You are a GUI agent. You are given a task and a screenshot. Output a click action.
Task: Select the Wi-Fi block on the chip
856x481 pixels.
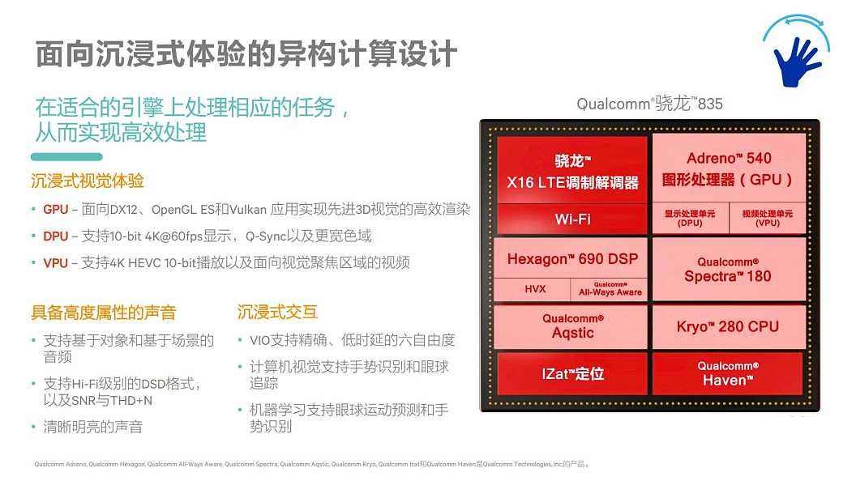(x=572, y=219)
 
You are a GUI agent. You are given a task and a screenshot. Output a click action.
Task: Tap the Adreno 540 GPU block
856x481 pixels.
(x=728, y=168)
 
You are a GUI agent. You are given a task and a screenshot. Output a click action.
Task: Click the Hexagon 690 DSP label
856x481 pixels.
(x=572, y=259)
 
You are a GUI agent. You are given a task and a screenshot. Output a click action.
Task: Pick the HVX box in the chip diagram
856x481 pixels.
(x=535, y=289)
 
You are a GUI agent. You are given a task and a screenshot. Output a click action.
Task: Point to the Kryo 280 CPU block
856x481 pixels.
(x=728, y=327)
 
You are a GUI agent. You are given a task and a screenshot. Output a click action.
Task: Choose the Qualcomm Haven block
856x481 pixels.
(x=728, y=373)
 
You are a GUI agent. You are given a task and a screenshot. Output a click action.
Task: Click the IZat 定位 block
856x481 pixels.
(x=572, y=373)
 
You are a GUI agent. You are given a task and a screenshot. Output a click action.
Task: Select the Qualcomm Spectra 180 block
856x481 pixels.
(x=728, y=270)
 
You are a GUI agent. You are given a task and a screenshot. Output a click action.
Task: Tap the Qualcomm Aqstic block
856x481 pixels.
(x=572, y=326)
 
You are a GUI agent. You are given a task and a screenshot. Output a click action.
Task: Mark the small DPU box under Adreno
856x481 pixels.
(x=690, y=218)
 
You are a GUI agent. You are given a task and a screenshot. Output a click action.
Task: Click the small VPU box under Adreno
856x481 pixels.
(x=767, y=218)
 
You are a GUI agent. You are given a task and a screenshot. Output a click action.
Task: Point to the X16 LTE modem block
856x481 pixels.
(x=572, y=171)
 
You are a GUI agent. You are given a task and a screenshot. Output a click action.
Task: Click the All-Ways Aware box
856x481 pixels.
(x=610, y=289)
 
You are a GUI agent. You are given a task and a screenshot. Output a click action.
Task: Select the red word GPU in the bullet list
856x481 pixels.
(x=56, y=209)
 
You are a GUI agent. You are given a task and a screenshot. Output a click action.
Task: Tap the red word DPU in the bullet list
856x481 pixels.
(x=56, y=236)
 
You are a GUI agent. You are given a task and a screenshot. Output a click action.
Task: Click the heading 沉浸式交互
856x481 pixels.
(x=277, y=312)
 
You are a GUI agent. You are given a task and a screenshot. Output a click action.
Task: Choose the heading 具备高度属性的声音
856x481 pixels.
(x=104, y=312)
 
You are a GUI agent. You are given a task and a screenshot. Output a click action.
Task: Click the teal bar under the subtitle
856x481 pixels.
(x=66, y=156)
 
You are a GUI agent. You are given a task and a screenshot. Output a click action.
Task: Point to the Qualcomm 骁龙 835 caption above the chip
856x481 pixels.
(x=649, y=104)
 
